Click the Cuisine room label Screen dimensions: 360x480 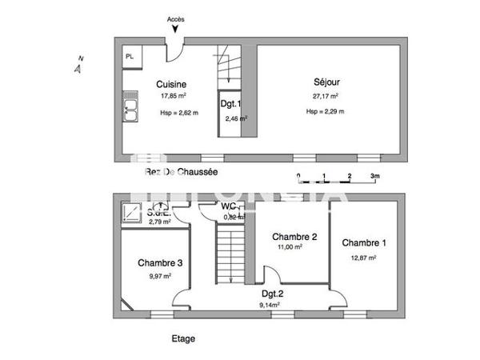tap(171, 84)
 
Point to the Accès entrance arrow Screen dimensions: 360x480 tap(176, 30)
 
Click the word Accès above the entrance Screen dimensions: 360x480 tap(176, 18)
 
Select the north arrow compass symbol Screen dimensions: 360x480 tap(78, 66)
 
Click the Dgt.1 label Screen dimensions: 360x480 tap(230, 104)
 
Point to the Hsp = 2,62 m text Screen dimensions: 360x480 tap(179, 113)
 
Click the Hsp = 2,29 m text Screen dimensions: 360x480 tap(325, 112)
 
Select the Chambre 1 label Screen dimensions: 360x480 tap(364, 242)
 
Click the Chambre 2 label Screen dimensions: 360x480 tap(295, 237)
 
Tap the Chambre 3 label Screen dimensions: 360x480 tap(160, 262)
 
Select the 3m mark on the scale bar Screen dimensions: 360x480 tap(374, 175)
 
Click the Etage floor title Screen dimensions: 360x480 tap(183, 338)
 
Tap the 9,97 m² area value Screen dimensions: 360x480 tap(160, 276)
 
